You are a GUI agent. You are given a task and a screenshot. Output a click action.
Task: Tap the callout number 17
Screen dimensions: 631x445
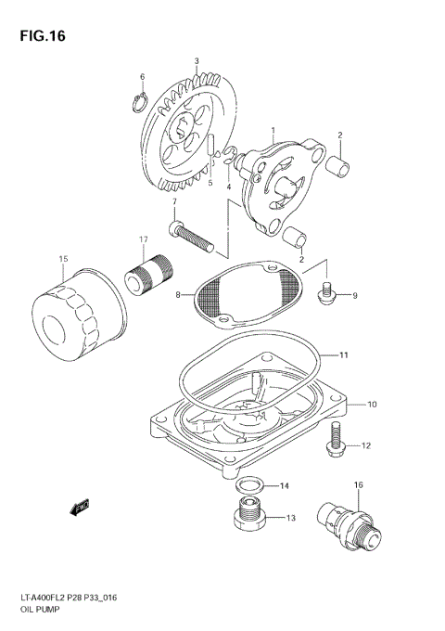145,239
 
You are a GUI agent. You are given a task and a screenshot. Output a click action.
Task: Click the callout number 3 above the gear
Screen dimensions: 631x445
197,61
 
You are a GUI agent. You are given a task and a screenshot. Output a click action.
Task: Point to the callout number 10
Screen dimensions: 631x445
371,405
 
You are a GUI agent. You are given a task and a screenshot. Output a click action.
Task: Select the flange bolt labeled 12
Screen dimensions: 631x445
337,441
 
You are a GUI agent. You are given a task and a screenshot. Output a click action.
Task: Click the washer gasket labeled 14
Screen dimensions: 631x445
248,486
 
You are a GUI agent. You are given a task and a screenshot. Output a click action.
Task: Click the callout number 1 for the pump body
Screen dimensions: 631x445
273,131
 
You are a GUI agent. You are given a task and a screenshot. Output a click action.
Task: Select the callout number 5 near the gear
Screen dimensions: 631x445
210,184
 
